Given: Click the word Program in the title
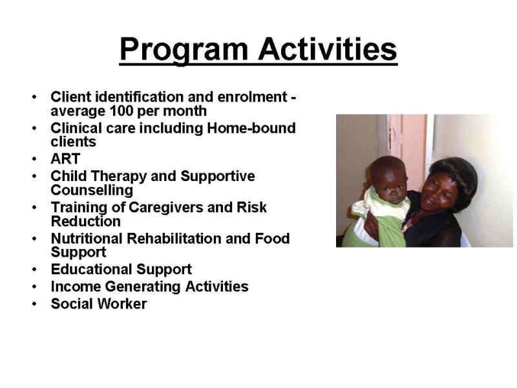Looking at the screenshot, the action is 184,50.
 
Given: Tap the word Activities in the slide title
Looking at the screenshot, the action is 328,49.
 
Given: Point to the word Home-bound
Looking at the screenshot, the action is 251,128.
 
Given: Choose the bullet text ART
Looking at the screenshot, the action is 65,158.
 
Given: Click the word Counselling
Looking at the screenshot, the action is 92,190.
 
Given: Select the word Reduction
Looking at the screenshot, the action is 86,221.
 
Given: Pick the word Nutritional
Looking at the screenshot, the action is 87,238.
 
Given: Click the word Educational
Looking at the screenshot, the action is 92,269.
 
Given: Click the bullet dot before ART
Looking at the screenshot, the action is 35,159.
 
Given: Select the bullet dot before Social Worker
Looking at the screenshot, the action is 35,304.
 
